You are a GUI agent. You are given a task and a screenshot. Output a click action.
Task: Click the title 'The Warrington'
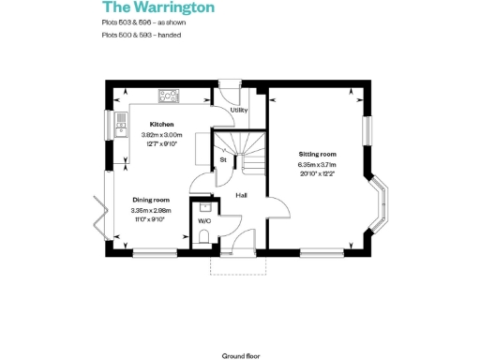[157, 8]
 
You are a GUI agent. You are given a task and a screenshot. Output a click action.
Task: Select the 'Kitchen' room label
[163, 124]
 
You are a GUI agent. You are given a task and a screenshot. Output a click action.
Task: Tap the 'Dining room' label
[150, 200]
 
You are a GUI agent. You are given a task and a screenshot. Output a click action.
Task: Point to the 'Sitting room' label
[317, 154]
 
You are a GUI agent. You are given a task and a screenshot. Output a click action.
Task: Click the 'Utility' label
[238, 111]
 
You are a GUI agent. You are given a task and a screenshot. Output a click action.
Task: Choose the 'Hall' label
[241, 195]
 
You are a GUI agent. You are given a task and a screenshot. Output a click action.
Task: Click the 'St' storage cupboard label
[223, 160]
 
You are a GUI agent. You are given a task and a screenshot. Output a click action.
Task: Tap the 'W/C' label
[203, 222]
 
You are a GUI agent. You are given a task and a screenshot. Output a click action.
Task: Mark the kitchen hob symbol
[170, 94]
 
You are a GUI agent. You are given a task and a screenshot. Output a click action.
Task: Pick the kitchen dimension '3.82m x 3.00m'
[163, 135]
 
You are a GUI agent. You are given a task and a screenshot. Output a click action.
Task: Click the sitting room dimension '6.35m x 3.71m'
[317, 166]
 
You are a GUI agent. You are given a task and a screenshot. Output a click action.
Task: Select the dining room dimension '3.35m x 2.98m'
[150, 211]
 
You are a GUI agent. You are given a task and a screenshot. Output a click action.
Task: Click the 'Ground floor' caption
[239, 356]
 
